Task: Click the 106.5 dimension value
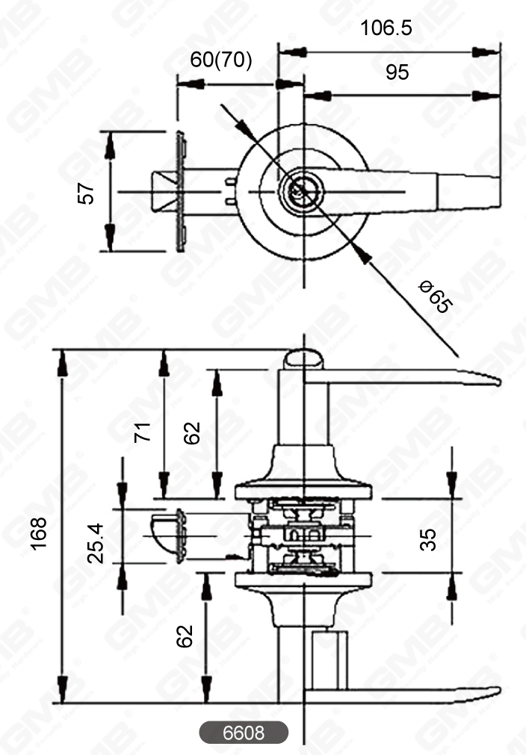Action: click(x=386, y=28)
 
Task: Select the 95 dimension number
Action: click(x=397, y=73)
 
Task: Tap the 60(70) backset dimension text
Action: click(x=221, y=60)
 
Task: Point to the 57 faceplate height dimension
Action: click(x=88, y=193)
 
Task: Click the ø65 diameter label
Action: click(x=435, y=296)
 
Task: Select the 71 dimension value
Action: click(x=142, y=432)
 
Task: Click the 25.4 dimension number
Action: click(x=95, y=543)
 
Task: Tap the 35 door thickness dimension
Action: click(x=427, y=538)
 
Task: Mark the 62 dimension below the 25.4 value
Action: click(x=185, y=635)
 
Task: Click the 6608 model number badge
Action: click(x=244, y=733)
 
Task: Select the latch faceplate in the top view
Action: click(x=180, y=192)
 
